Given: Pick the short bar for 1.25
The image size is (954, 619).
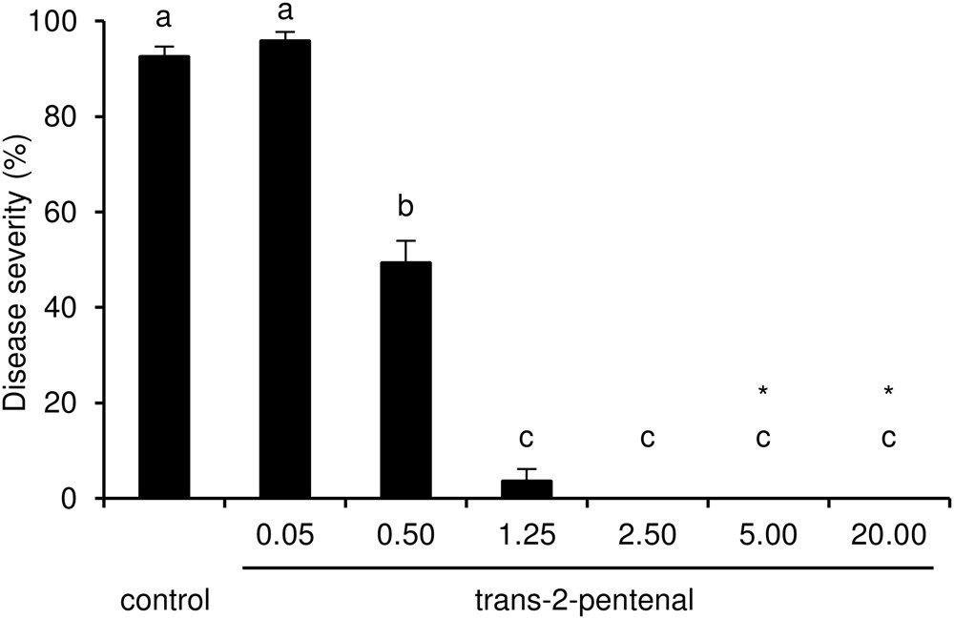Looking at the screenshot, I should tap(526, 488).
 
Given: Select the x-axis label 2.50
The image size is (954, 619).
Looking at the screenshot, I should tap(647, 535).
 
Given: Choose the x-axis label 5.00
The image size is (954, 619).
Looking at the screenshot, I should tap(767, 535).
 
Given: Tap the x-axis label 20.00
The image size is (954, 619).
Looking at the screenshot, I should tap(888, 535).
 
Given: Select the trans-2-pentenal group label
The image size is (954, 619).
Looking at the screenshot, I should tap(583, 602).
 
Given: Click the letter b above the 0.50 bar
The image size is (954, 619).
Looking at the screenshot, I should tap(405, 208).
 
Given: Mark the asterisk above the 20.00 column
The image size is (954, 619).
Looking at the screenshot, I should tap(888, 391).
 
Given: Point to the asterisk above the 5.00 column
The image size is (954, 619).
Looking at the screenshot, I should tap(763, 391).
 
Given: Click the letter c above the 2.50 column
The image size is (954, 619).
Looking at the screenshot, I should tap(647, 439).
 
